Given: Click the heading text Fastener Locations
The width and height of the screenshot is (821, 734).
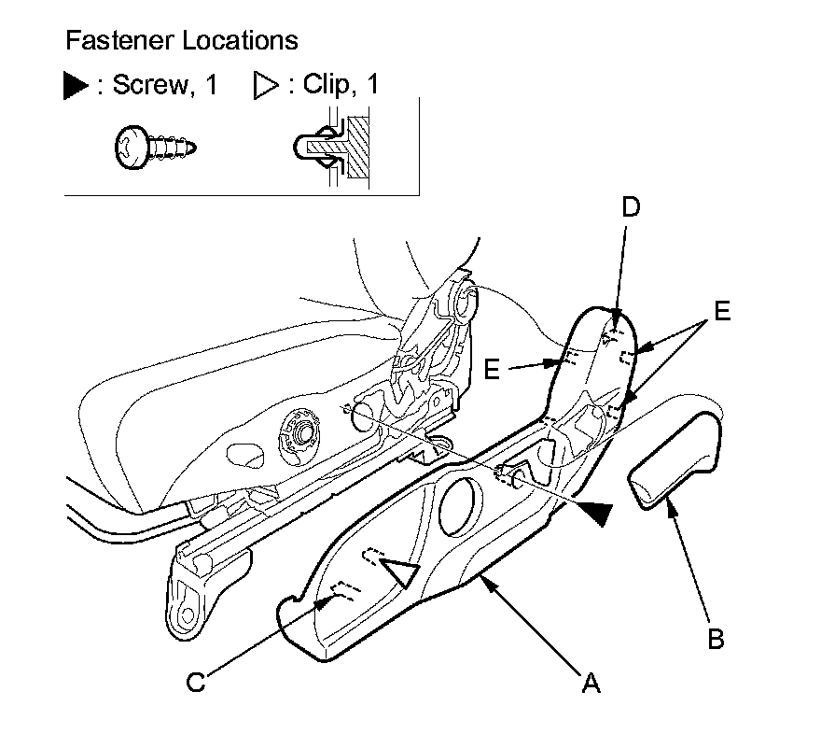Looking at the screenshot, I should coord(182,41).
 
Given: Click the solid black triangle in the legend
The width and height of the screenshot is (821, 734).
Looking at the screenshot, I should coord(76,87).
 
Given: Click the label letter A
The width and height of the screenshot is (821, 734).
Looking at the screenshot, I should coord(590,685).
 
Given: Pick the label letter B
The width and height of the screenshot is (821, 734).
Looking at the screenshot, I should coord(716,640).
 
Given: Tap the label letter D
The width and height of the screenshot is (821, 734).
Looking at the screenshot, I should coord(631,207).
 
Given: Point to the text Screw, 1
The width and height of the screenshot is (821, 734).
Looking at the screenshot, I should coord(164,86).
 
